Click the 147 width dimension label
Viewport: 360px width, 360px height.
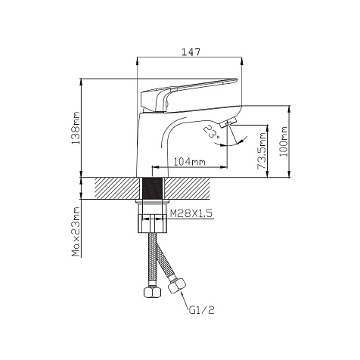pos(191,52)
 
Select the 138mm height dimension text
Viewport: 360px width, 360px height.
pos(76,128)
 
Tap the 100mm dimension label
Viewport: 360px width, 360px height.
pos(284,141)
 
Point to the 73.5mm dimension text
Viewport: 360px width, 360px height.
pos(262,151)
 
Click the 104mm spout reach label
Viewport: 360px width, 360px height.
pos(189,162)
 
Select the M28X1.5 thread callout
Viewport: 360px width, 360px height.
pos(191,213)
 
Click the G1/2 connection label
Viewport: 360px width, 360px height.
pos(202,310)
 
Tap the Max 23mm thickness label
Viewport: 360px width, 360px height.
pos(76,232)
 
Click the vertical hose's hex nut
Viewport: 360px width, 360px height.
pos(152,293)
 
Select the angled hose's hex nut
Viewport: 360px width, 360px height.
pos(177,286)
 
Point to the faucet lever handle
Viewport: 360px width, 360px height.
pos(188,95)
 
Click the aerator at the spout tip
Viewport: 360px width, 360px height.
pos(228,123)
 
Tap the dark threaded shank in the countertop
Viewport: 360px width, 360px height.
pos(152,188)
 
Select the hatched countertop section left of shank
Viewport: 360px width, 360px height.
pos(117,188)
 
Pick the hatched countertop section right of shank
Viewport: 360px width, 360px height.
pos(187,188)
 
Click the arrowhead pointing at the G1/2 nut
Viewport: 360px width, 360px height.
pos(182,294)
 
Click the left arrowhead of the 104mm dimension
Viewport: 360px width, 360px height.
pos(156,167)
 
